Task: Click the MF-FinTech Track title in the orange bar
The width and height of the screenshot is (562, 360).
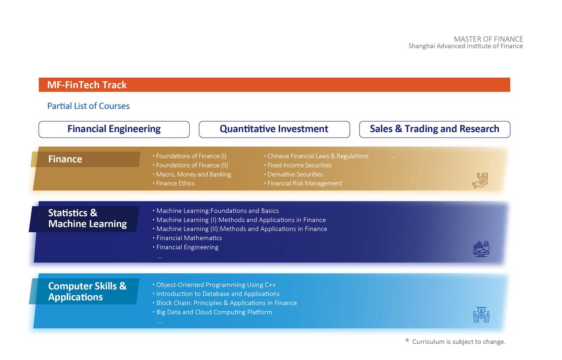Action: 87,85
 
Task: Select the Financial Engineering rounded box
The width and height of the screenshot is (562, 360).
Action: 114,130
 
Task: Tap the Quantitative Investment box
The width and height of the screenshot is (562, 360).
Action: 274,130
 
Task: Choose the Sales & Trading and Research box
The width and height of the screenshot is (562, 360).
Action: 435,130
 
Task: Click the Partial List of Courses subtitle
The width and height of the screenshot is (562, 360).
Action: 88,106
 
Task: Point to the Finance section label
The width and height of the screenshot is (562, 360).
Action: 65,159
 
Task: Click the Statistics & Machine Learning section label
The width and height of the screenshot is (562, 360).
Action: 87,218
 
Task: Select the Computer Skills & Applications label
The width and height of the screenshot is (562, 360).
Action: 87,291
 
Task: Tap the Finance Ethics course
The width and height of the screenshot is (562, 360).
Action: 175,184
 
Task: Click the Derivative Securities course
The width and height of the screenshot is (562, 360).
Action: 295,174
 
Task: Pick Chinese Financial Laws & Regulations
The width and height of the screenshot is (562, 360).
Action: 317,156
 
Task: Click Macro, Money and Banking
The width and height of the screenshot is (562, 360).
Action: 193,174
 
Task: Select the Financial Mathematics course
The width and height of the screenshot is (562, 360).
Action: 189,238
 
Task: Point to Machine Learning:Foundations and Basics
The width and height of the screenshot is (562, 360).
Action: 217,211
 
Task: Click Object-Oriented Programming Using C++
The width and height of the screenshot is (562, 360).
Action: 216,285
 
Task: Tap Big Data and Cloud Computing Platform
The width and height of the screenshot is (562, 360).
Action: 214,312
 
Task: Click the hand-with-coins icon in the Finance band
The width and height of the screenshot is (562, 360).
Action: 480,180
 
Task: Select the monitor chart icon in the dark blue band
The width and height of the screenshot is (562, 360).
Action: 481,249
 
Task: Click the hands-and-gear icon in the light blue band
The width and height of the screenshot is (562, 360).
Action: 481,314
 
